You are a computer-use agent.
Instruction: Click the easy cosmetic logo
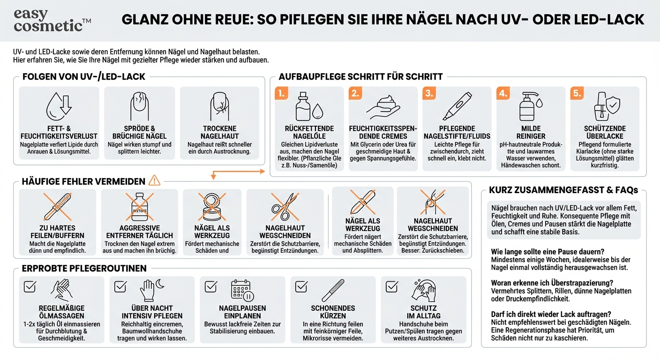[52, 20]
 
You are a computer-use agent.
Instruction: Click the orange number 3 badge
[429, 93]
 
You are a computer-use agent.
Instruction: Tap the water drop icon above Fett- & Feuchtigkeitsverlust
[59, 107]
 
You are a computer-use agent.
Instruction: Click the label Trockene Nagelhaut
[219, 132]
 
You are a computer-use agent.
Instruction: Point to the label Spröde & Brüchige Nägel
[140, 132]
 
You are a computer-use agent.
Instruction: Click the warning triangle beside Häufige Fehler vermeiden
[154, 181]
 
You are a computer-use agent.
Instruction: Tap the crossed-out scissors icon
[285, 207]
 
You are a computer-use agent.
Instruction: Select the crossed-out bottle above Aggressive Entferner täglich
[139, 207]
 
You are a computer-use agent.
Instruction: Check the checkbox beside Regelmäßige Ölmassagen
[30, 286]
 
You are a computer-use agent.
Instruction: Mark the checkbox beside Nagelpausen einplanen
[211, 286]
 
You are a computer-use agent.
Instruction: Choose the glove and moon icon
[151, 291]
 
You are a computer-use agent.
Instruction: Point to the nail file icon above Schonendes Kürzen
[333, 291]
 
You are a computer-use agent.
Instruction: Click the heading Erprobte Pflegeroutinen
[84, 269]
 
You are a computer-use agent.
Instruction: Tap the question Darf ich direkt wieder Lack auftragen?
[551, 314]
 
